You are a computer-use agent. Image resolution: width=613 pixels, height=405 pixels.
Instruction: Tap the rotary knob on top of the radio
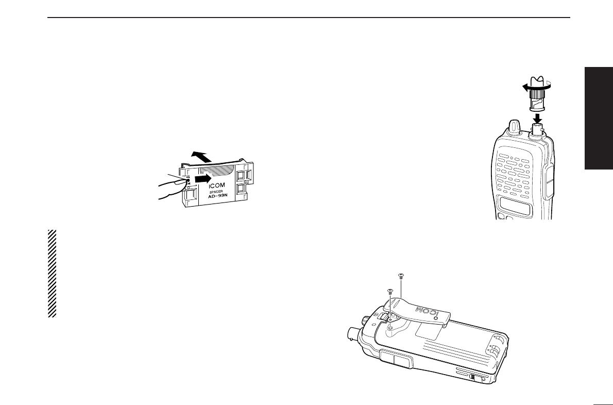[514, 127]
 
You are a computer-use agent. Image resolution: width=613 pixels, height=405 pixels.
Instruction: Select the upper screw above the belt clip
[401, 276]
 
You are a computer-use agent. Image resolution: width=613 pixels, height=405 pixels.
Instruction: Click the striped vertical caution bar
[52, 273]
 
